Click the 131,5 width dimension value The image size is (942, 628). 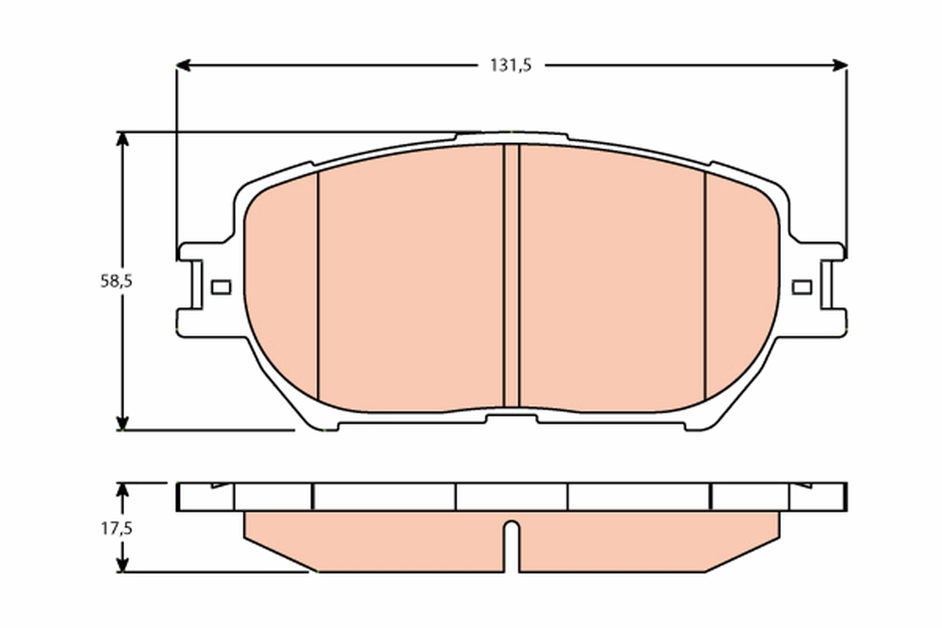(511, 66)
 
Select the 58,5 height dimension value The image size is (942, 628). (114, 282)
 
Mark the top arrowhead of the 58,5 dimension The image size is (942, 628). (122, 139)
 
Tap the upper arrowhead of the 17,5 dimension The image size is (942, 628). (122, 490)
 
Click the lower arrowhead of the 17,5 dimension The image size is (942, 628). (122, 564)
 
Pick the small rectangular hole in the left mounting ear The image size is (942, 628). (221, 287)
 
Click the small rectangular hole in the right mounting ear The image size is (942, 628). (801, 287)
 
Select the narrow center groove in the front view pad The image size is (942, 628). (511, 275)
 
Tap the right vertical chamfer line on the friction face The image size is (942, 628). (705, 287)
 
